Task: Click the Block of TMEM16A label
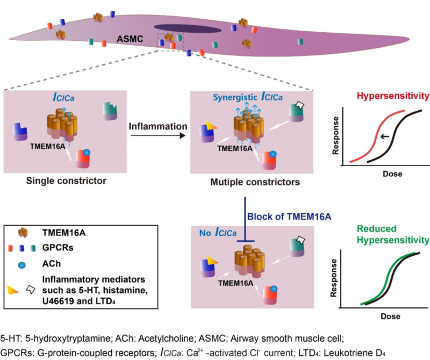(x=280, y=217)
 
